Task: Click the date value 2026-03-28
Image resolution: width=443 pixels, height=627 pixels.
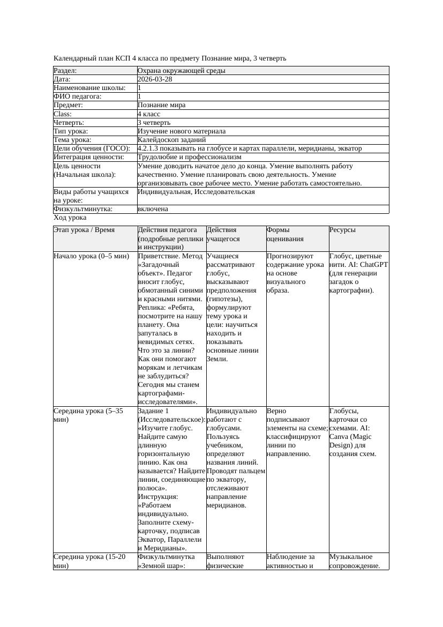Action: point(155,79)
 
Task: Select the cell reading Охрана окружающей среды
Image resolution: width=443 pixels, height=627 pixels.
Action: point(181,71)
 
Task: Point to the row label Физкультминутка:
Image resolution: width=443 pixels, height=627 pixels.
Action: point(83,209)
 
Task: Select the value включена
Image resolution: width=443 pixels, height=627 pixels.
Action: point(153,209)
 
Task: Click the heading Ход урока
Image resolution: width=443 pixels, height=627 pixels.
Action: point(70,218)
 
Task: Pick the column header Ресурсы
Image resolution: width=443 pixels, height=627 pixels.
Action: point(343,230)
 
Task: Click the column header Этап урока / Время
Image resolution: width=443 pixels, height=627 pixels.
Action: point(84,230)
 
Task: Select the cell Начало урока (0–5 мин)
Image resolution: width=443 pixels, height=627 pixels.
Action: point(92,256)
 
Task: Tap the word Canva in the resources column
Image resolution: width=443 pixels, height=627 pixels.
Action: point(340,437)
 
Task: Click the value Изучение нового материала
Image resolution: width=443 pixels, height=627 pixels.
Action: point(182,131)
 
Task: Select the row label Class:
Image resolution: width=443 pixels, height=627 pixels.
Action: point(63,114)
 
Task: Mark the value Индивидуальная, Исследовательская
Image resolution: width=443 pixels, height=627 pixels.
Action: point(196,192)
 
